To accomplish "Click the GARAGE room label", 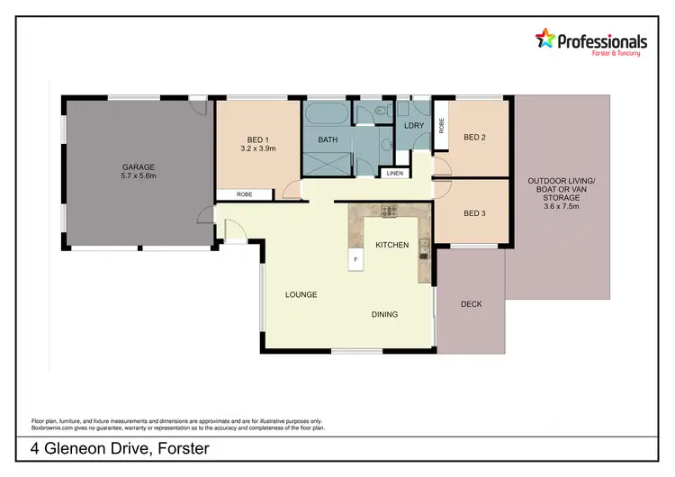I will [139, 166].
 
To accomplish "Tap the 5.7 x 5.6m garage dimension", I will [139, 176].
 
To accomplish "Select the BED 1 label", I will [257, 139].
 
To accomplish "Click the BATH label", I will [328, 139].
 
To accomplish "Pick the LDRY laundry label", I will [414, 127].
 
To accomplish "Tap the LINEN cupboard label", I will [394, 173].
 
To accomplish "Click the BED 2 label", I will [475, 138].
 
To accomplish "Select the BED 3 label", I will [475, 213].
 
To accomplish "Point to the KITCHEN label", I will [392, 245].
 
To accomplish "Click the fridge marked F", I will [355, 259].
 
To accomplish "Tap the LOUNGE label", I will [301, 294].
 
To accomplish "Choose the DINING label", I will [384, 314].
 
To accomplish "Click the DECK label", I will [471, 304].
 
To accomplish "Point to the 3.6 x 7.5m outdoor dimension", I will [554, 205].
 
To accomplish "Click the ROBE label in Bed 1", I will [244, 194].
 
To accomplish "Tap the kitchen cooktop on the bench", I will [390, 212].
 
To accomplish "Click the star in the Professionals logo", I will [546, 38].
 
